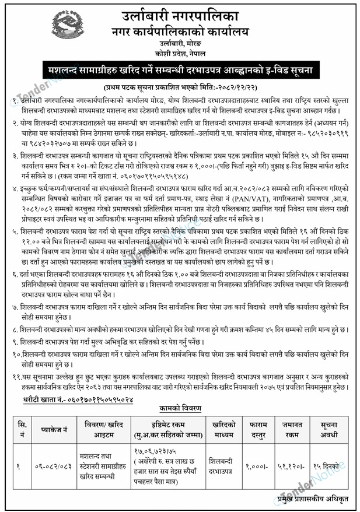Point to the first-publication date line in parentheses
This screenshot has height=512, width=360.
[180, 86]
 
